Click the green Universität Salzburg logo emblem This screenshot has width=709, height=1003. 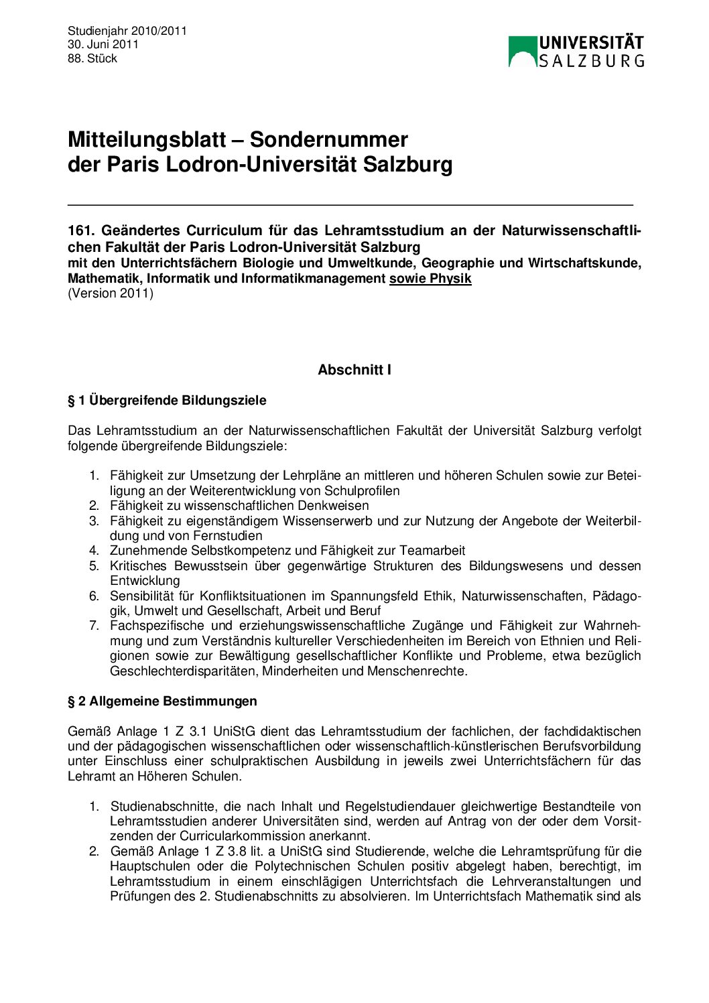click(x=523, y=51)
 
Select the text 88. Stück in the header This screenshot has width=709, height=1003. click(x=92, y=58)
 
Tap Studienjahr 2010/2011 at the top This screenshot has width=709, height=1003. click(x=127, y=31)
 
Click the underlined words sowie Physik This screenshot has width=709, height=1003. click(x=430, y=279)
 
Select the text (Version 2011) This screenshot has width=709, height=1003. click(x=111, y=293)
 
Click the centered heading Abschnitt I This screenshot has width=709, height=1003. click(x=354, y=370)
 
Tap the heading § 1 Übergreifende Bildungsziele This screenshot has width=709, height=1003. click(x=167, y=401)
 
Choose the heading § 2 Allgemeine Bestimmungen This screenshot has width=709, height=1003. click(x=162, y=701)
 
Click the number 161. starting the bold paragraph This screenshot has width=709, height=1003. click(x=80, y=231)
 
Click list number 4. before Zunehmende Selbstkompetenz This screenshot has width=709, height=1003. click(x=94, y=551)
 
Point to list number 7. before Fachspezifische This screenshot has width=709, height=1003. click(x=94, y=626)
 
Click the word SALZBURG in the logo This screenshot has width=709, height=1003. click(x=591, y=60)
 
